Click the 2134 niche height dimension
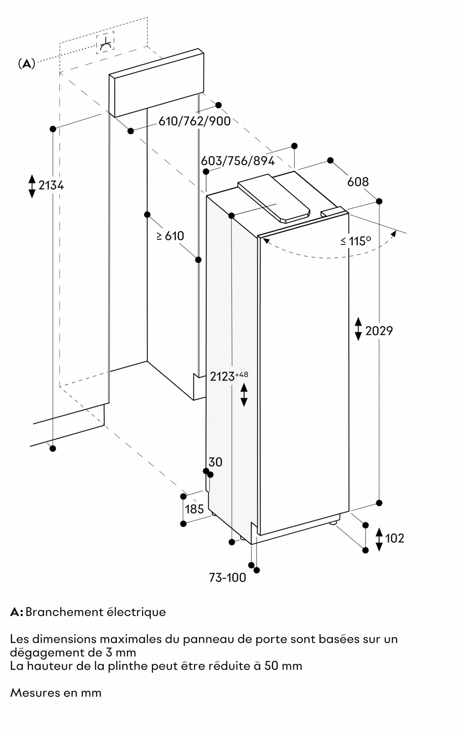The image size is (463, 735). tap(51, 186)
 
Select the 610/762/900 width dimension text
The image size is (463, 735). tap(194, 121)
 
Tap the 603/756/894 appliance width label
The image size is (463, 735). tap(238, 161)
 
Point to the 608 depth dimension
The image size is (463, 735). tap(358, 182)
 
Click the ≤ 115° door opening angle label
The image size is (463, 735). tap(355, 241)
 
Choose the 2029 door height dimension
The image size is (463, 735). tap(379, 331)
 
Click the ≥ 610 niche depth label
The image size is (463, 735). tap(170, 236)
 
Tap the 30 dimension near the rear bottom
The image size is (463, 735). tap(215, 462)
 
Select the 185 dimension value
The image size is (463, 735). tap(194, 509)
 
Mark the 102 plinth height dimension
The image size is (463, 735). tap(394, 538)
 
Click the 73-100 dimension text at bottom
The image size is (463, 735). tap(227, 578)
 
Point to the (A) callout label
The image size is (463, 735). tap(26, 64)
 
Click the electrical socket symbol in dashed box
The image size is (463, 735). tap(105, 43)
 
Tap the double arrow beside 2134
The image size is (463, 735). tap(32, 186)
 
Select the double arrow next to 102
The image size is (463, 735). tap(379, 539)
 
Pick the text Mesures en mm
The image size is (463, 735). tap(56, 693)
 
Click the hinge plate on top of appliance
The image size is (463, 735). tap(274, 198)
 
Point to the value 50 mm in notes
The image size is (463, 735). tap(283, 666)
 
